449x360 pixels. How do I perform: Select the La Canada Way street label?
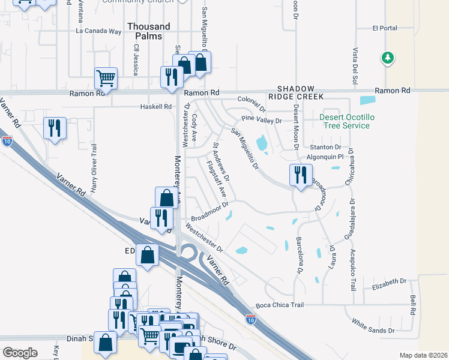(98, 31)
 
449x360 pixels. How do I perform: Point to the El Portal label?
(385, 28)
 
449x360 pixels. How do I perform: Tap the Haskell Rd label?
(155, 106)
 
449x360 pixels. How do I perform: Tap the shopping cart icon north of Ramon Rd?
(106, 77)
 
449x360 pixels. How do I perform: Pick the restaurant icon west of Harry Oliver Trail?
(55, 128)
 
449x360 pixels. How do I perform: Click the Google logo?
(20, 352)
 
